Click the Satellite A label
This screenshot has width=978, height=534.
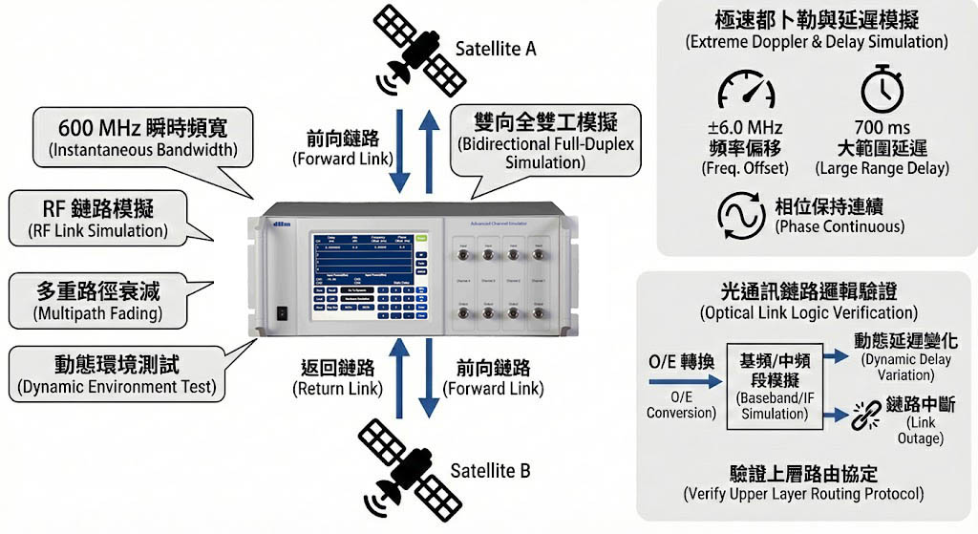pos(494,48)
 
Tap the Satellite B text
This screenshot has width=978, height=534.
pos(490,471)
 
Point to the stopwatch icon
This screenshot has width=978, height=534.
pos(882,91)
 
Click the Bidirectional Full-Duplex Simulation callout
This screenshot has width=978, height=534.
pos(545,140)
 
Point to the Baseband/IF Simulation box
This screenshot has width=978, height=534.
pos(774,384)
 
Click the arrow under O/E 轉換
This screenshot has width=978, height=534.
pos(680,381)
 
